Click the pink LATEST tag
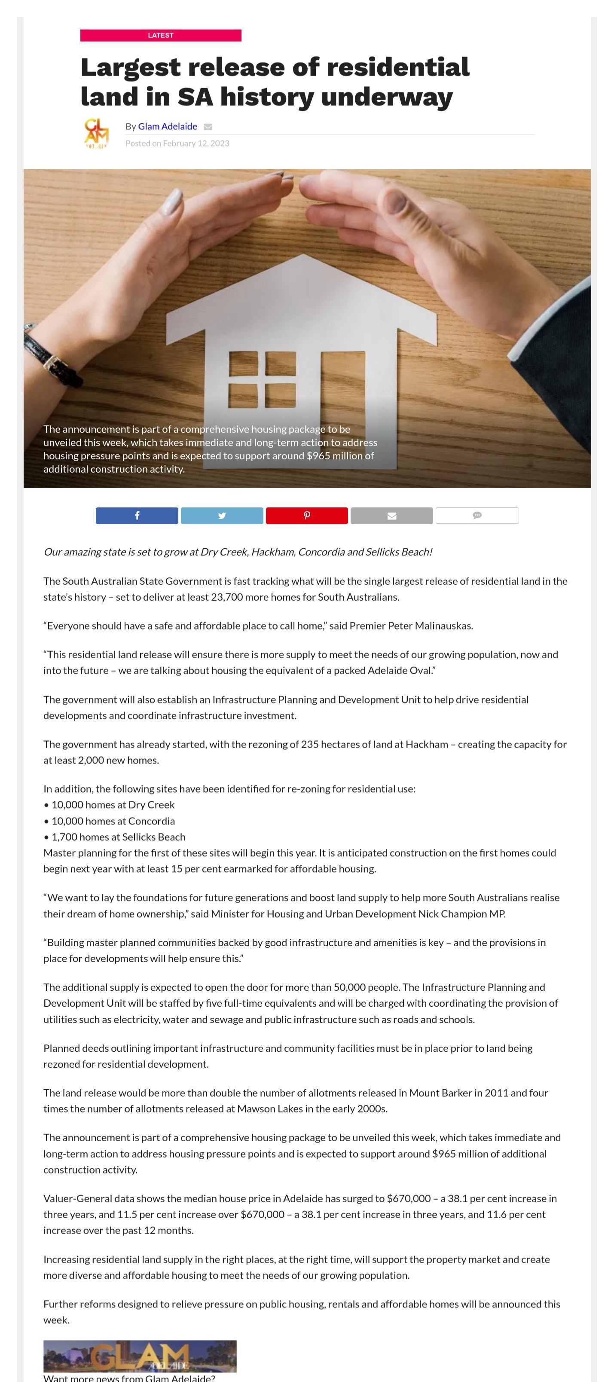coord(161,35)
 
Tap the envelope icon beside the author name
coord(208,127)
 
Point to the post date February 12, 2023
coord(196,144)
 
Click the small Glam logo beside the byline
coord(97,134)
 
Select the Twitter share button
coord(222,516)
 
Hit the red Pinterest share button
coord(307,516)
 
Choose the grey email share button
coord(391,516)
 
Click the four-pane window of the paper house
coord(262,380)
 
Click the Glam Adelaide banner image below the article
coord(140,1356)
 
